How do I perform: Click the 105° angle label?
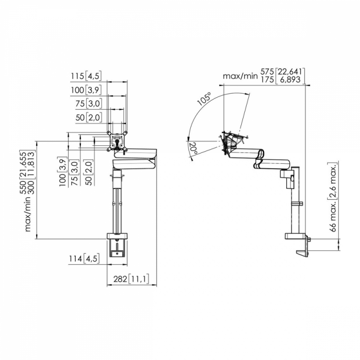pos(204,99)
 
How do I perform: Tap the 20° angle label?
pos(193,148)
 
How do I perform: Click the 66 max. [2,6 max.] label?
pos(333,197)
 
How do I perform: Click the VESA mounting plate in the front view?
pos(117,141)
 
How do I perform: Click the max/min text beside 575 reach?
pos(240,76)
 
